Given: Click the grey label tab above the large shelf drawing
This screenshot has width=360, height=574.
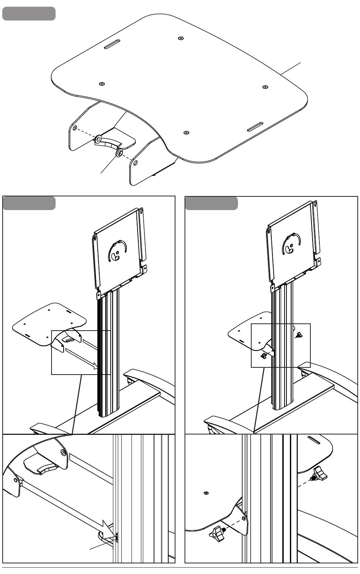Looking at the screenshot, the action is pos(29,14).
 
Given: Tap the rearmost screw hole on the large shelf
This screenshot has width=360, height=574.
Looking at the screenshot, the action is pos(181,38).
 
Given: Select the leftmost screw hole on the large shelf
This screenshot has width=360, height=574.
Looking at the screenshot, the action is pos(102,84).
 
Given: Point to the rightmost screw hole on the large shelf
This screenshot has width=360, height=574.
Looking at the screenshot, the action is pos(265,87).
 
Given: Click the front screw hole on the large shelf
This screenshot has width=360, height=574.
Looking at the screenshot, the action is pos(186,133).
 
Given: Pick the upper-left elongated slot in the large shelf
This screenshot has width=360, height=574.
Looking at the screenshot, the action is pos(112,44).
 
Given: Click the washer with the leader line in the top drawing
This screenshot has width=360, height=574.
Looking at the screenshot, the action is pos(119,153).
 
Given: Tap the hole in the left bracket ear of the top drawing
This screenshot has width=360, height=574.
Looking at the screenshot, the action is pos(75,128).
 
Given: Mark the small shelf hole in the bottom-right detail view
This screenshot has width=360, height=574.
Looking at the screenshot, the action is pos(206,493).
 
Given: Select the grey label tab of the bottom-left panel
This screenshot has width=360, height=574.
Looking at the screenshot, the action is pos(29,203).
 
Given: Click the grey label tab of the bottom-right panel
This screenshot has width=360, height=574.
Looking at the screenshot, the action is pos(211,203).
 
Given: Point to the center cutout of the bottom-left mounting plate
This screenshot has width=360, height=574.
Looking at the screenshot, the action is pos(117,251).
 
